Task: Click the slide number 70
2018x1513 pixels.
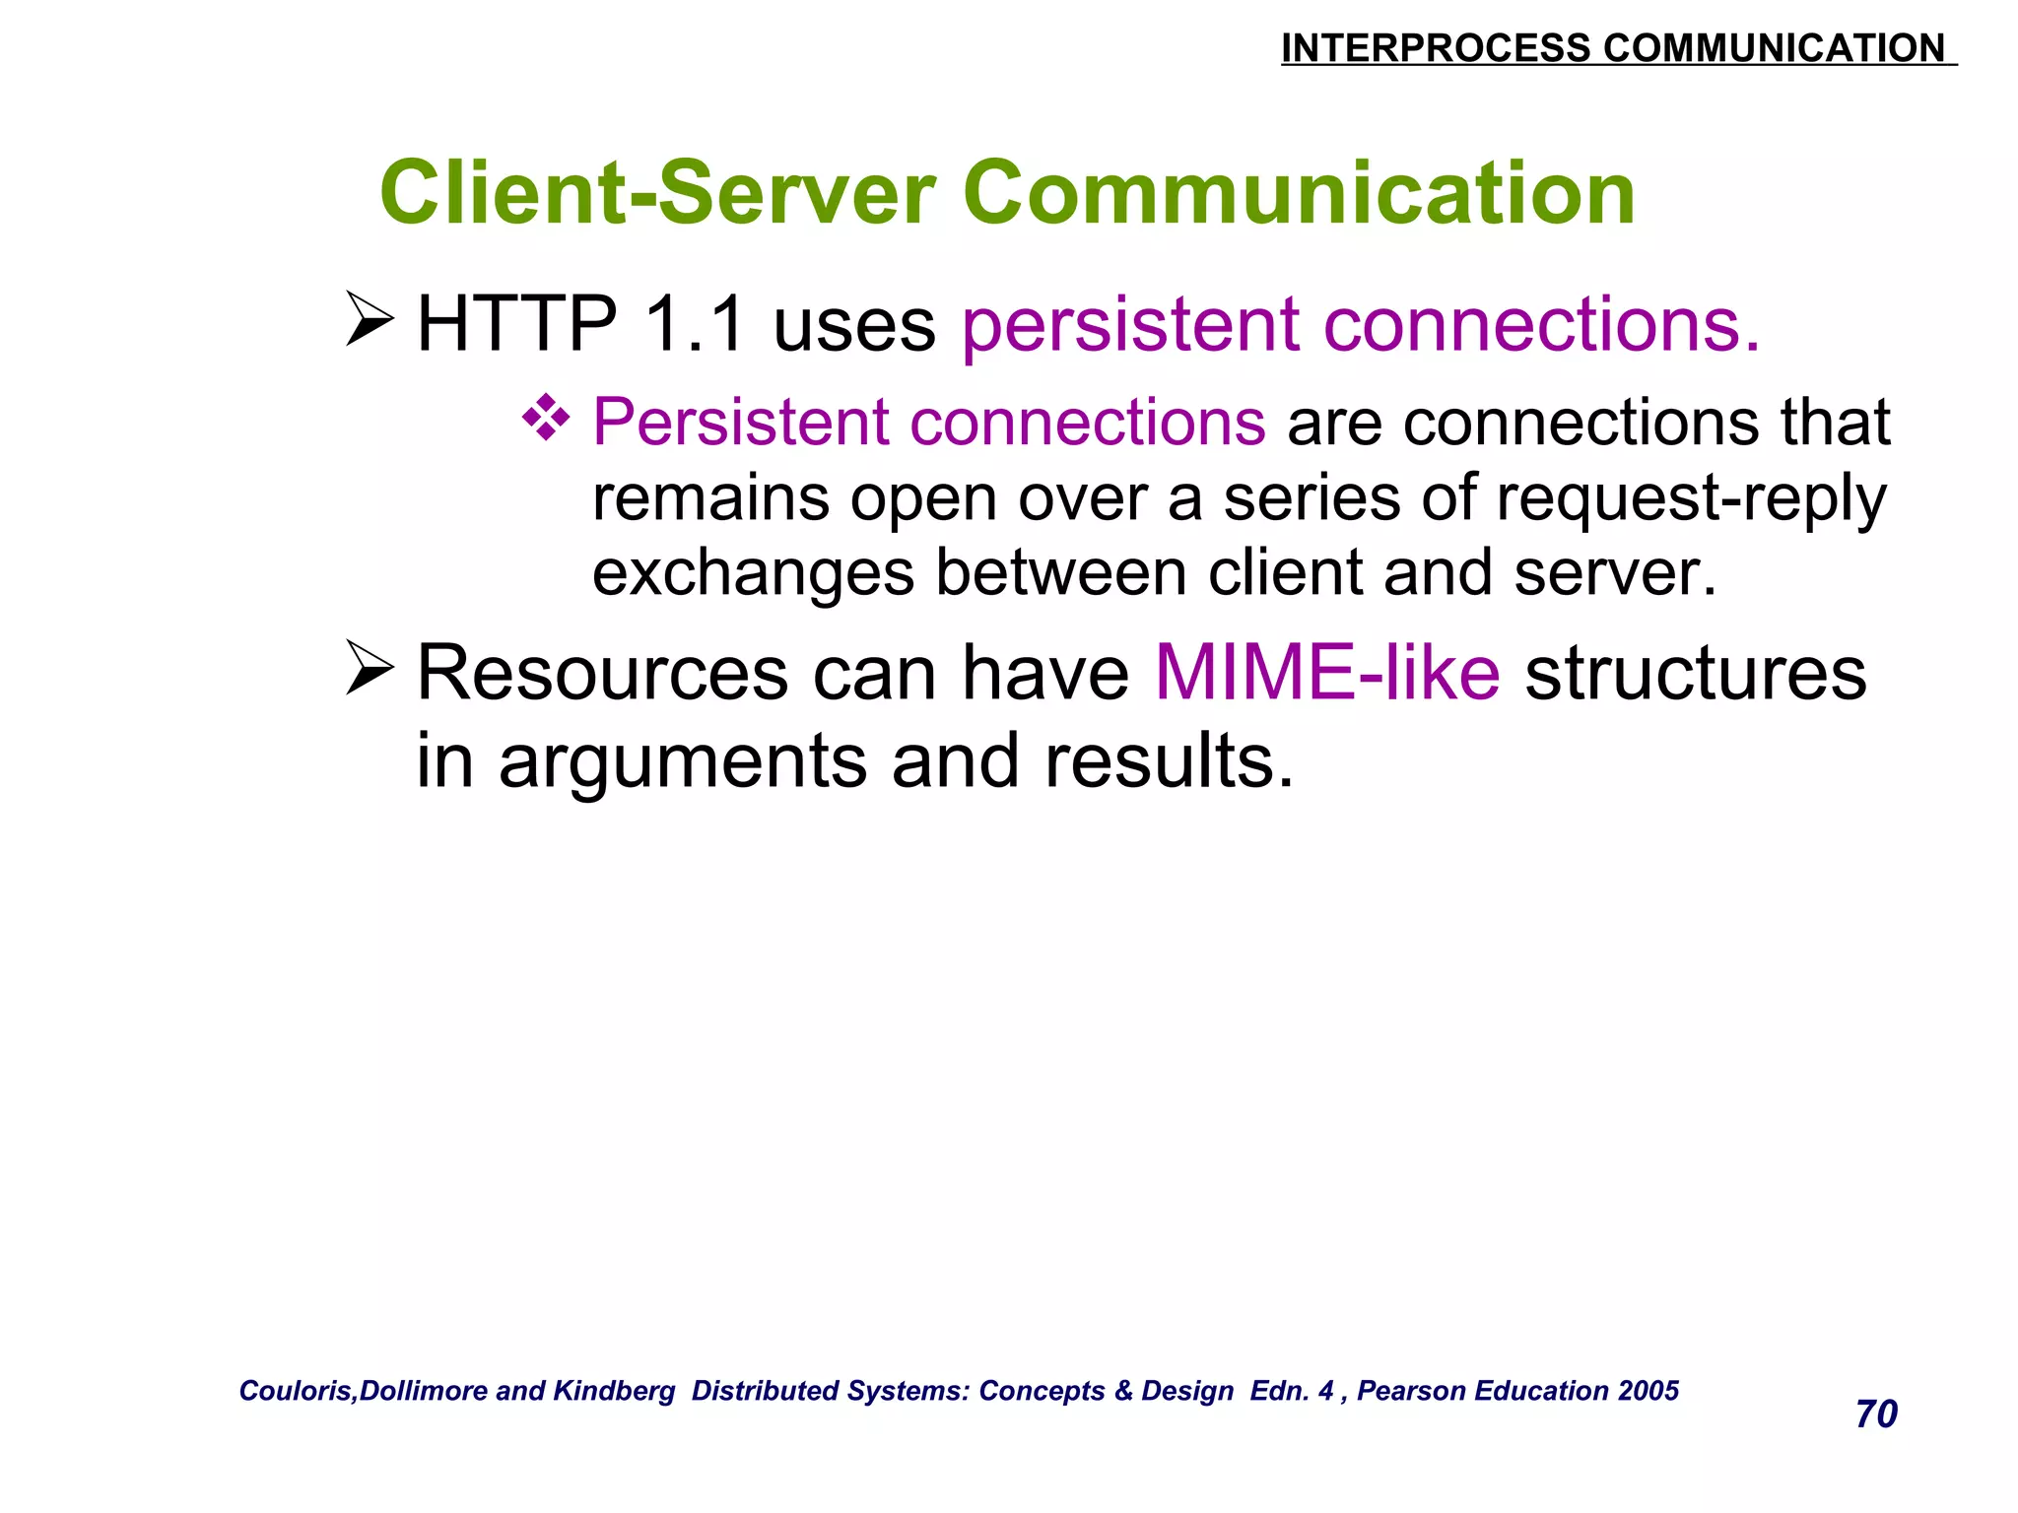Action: tap(1876, 1414)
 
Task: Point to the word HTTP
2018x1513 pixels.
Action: tap(516, 324)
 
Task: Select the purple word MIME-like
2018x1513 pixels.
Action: tap(1326, 674)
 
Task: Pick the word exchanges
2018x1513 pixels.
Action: tap(753, 574)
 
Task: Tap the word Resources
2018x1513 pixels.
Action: tap(602, 674)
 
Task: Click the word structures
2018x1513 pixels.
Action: tap(1695, 674)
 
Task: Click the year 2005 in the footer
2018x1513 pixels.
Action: tap(1648, 1391)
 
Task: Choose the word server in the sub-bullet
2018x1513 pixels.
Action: tap(1613, 574)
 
